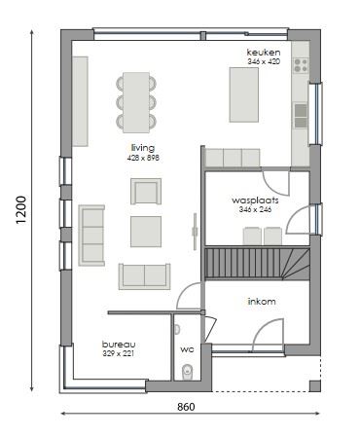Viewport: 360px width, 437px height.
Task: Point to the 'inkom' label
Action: coord(262,302)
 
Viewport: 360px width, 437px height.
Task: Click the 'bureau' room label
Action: coord(119,345)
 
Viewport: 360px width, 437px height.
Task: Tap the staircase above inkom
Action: coord(257,264)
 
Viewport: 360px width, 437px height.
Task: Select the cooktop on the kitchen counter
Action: coord(301,68)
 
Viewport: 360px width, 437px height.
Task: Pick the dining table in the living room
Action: coord(135,100)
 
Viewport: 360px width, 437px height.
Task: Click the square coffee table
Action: coord(147,231)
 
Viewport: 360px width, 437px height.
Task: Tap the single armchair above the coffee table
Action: coord(146,191)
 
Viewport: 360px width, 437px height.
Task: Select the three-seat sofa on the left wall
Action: coord(92,235)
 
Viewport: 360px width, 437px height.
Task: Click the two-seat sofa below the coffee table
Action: coord(145,275)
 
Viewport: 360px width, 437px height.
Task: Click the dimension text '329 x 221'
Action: coord(119,354)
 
